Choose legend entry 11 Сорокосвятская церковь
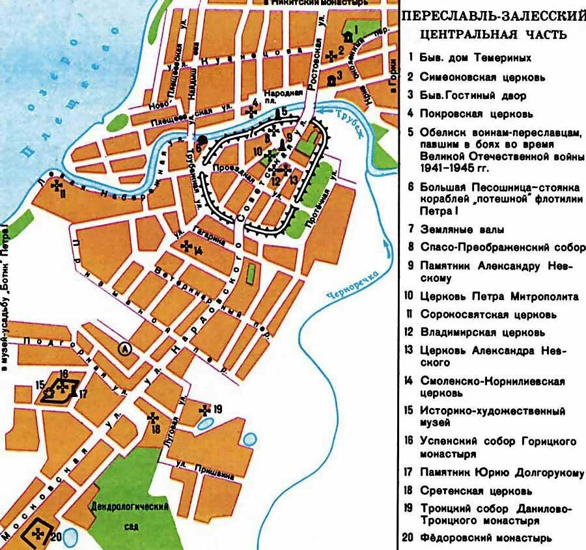488,314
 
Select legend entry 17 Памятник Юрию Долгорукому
495,473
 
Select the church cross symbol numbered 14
186,246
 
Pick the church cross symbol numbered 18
153,417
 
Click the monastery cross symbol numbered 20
38,533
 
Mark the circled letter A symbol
124,350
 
